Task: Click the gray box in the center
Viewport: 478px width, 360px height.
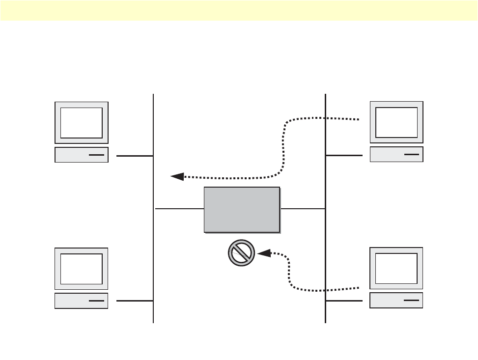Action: point(242,209)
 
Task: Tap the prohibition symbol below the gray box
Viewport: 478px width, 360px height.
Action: point(241,253)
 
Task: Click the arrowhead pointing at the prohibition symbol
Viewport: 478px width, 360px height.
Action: point(264,253)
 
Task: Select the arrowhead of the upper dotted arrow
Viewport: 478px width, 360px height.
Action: point(177,176)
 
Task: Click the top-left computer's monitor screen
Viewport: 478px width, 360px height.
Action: point(82,122)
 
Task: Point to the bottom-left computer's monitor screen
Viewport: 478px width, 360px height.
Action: point(82,269)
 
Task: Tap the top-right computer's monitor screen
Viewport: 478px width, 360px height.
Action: point(396,122)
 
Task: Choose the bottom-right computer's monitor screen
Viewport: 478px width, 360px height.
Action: point(396,269)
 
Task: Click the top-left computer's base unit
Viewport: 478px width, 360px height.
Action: point(82,155)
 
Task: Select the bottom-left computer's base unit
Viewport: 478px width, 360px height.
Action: point(82,301)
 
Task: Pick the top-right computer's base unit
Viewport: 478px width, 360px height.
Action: point(396,154)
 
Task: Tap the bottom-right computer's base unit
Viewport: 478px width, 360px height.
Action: point(396,300)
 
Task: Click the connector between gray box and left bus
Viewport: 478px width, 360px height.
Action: point(179,209)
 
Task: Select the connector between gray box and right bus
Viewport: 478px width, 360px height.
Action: point(303,209)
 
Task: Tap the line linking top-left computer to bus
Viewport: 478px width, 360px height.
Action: point(135,156)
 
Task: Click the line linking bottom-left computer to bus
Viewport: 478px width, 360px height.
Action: point(135,301)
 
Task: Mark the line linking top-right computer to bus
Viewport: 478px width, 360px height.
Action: point(344,155)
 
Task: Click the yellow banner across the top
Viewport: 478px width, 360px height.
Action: point(239,10)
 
